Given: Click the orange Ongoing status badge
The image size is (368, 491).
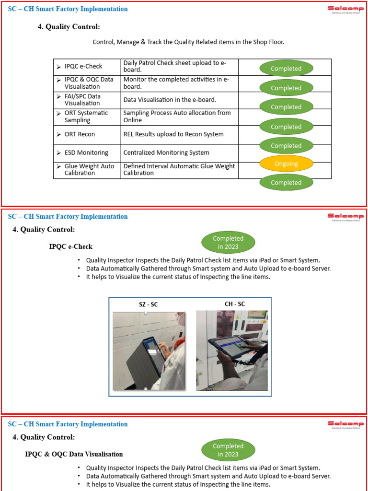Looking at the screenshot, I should (286, 164).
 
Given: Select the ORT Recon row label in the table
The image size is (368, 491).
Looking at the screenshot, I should (80, 134).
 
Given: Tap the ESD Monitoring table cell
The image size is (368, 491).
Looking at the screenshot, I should (86, 153).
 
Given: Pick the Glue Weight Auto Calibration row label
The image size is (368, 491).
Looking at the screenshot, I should (89, 170).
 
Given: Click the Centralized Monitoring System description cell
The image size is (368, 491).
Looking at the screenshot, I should (166, 153).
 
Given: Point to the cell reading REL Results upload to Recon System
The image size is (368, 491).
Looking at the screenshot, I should (173, 134).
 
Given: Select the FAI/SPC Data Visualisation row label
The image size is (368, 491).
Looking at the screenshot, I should (82, 100).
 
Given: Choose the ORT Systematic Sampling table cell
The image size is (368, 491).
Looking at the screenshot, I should (86, 117).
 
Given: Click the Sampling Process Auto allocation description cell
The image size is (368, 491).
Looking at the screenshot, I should (177, 117).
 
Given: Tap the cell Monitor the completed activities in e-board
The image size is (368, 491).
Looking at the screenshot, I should (176, 83).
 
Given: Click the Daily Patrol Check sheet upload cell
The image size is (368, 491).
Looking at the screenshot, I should (174, 66).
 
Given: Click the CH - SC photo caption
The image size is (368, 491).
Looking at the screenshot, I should (235, 304).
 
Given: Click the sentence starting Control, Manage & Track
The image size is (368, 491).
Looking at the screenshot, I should (188, 42).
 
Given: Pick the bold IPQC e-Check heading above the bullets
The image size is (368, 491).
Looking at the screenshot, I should (71, 246).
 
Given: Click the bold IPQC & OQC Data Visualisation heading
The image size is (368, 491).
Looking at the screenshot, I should (74, 454).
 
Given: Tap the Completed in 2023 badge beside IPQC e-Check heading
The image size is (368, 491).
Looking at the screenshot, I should (228, 243).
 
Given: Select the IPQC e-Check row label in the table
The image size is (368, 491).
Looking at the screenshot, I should (83, 67).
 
